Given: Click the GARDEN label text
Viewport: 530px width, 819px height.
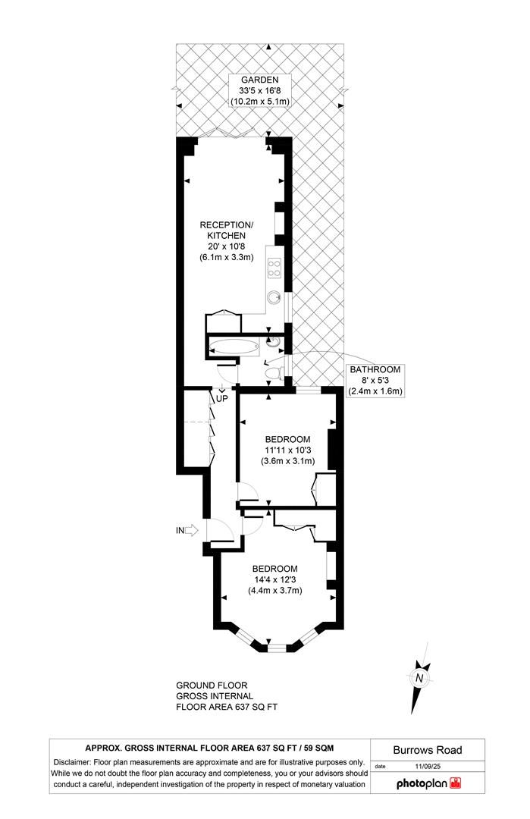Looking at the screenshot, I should click(259, 79).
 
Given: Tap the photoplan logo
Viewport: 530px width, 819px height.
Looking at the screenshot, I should click(428, 783).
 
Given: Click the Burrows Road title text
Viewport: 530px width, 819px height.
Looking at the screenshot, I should click(428, 750).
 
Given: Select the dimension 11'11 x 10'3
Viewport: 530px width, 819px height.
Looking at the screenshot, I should click(287, 450).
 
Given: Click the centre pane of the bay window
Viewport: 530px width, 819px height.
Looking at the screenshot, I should click(278, 648).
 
